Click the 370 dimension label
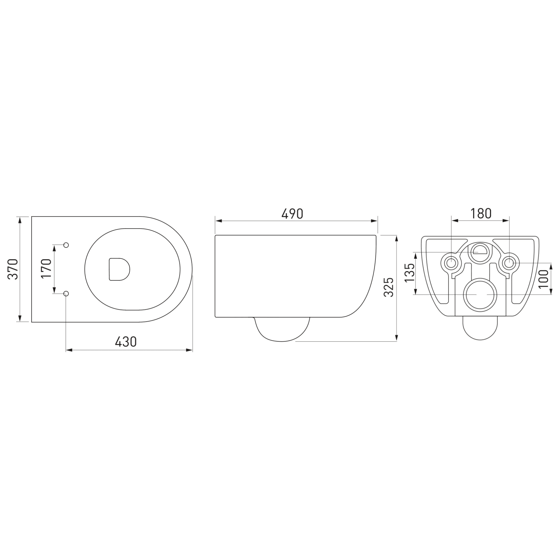(13, 269)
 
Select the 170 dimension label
(46, 269)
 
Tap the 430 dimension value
(125, 342)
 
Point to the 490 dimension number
(292, 214)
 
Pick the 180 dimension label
(481, 214)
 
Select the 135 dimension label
(410, 272)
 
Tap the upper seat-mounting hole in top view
(66, 245)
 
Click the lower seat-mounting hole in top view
(66, 294)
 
